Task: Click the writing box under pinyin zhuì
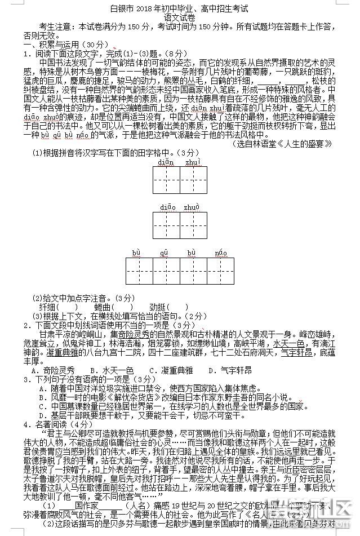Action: click(193, 180)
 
